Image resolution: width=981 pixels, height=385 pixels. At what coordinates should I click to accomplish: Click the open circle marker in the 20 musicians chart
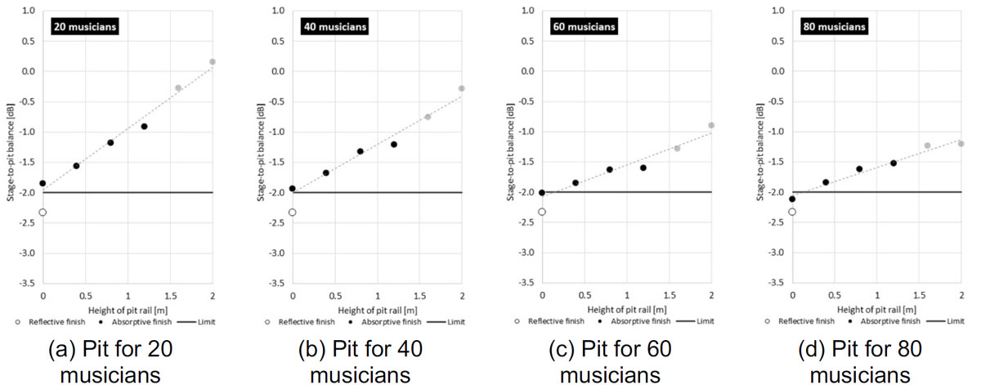click(43, 213)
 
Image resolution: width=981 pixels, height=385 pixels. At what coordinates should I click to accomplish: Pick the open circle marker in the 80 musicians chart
click(792, 213)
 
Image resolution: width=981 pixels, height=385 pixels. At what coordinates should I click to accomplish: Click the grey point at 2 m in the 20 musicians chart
click(213, 61)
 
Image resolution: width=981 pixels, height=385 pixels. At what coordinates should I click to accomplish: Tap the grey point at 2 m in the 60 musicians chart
click(711, 125)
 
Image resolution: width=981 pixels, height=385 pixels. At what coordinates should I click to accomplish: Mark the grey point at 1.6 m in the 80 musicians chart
click(928, 145)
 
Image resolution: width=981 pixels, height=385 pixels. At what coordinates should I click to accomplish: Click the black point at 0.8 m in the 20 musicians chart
click(110, 142)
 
